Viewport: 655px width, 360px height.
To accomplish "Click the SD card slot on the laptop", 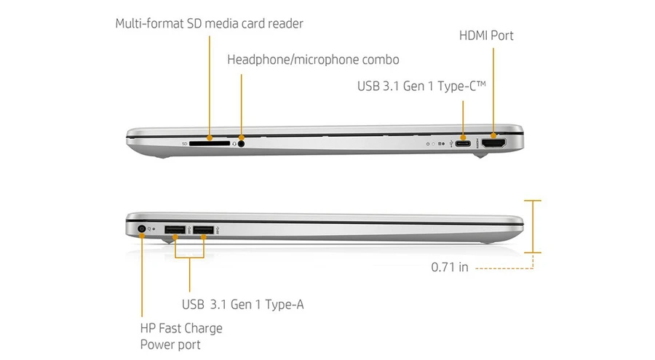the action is click(210, 143).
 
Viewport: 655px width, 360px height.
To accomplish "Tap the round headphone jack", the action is click(241, 144).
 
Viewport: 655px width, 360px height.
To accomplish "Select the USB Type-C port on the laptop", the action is click(462, 144).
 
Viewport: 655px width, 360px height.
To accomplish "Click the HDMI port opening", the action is click(493, 143).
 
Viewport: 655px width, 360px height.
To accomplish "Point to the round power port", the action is click(142, 229).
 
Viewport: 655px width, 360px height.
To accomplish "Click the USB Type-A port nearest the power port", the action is click(175, 230).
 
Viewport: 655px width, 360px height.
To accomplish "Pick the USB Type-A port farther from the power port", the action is click(204, 230).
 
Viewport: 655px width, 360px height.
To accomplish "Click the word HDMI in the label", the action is click(473, 36).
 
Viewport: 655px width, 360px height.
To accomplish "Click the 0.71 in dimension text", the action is click(450, 268).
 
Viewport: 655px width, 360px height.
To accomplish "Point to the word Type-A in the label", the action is click(285, 305).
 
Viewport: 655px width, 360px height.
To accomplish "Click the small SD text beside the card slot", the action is click(184, 144).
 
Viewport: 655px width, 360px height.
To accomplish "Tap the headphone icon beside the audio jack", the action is click(234, 144).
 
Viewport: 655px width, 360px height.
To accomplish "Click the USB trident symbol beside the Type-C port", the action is click(451, 144).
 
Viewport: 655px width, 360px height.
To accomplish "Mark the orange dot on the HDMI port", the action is click(493, 136).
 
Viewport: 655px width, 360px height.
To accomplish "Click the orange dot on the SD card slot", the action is click(210, 137).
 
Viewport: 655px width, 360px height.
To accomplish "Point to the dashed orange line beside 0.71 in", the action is click(504, 268).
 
